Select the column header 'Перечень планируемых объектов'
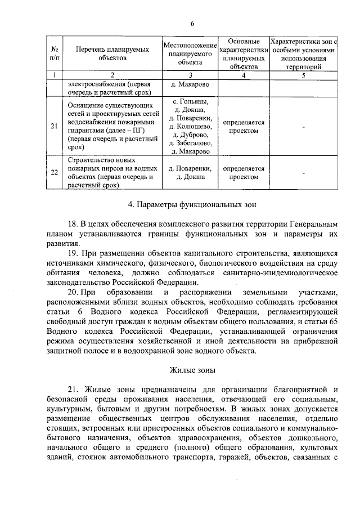(x=112, y=53)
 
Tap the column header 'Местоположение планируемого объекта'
(x=190, y=53)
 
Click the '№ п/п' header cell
(x=55, y=53)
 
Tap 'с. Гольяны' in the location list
(x=190, y=101)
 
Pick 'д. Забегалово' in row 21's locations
(x=190, y=143)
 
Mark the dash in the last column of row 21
(x=303, y=127)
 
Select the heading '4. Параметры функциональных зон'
(x=191, y=201)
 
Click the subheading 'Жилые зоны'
(x=191, y=370)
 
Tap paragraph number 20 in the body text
(x=73, y=293)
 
